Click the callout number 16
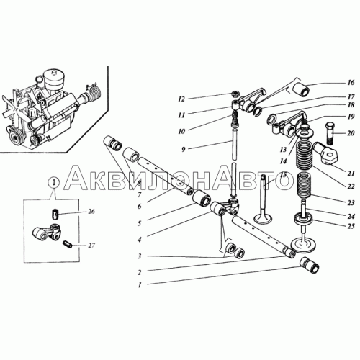point(351,83)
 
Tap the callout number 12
point(181,99)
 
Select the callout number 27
point(91,246)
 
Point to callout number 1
point(140,285)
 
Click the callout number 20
point(351,132)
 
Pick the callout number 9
point(184,149)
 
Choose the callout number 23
point(351,203)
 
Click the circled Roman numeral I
point(55,183)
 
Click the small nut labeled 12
point(235,94)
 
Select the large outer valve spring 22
point(305,155)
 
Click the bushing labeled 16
point(302,89)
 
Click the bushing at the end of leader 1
point(310,265)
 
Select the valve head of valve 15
point(264,218)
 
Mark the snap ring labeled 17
point(258,110)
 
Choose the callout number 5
point(140,223)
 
